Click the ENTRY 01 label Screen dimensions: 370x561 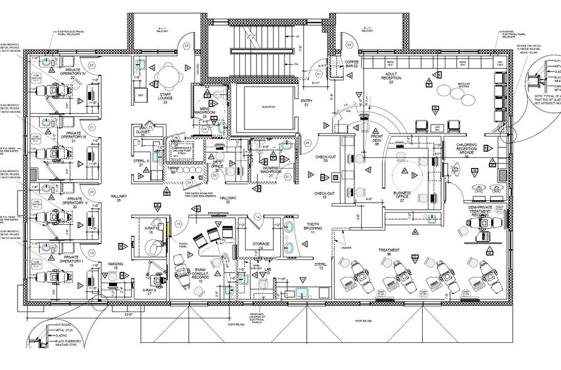point(306,104)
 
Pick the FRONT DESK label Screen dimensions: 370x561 point(376,139)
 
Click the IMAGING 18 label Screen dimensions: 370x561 point(115,266)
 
